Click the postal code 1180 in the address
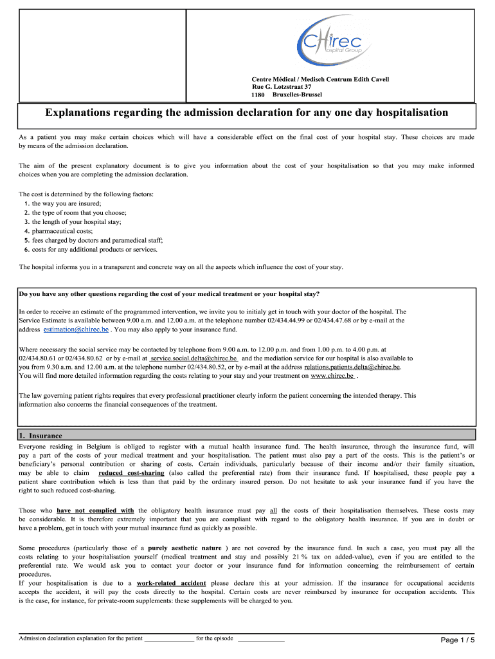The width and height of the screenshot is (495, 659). click(257, 95)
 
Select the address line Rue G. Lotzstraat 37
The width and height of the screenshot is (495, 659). click(282, 87)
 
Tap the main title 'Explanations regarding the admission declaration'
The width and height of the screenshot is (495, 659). click(247, 113)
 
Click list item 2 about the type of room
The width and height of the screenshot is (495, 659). click(75, 212)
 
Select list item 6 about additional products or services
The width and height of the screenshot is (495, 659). click(91, 250)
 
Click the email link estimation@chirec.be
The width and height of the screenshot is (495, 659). click(76, 329)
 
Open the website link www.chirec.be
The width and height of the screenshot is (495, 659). click(332, 376)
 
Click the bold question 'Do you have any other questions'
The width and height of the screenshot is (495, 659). click(169, 294)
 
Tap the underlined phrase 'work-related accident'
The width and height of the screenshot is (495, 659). click(172, 583)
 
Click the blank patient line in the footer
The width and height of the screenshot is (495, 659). click(168, 638)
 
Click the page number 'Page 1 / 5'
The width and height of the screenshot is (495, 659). click(457, 640)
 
